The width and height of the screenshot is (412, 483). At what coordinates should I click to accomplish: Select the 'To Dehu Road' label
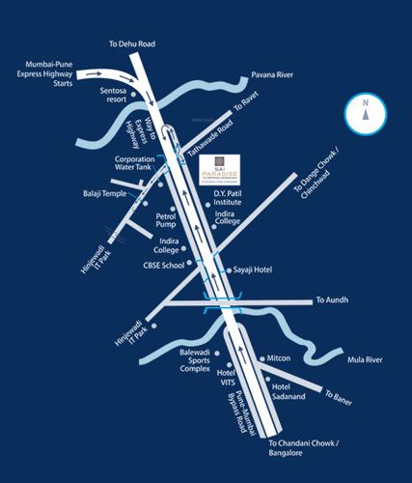pos(129,44)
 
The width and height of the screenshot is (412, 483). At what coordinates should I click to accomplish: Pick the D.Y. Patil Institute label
pos(231,197)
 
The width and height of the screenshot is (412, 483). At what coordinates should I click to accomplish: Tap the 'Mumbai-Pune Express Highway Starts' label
pos(45,72)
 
